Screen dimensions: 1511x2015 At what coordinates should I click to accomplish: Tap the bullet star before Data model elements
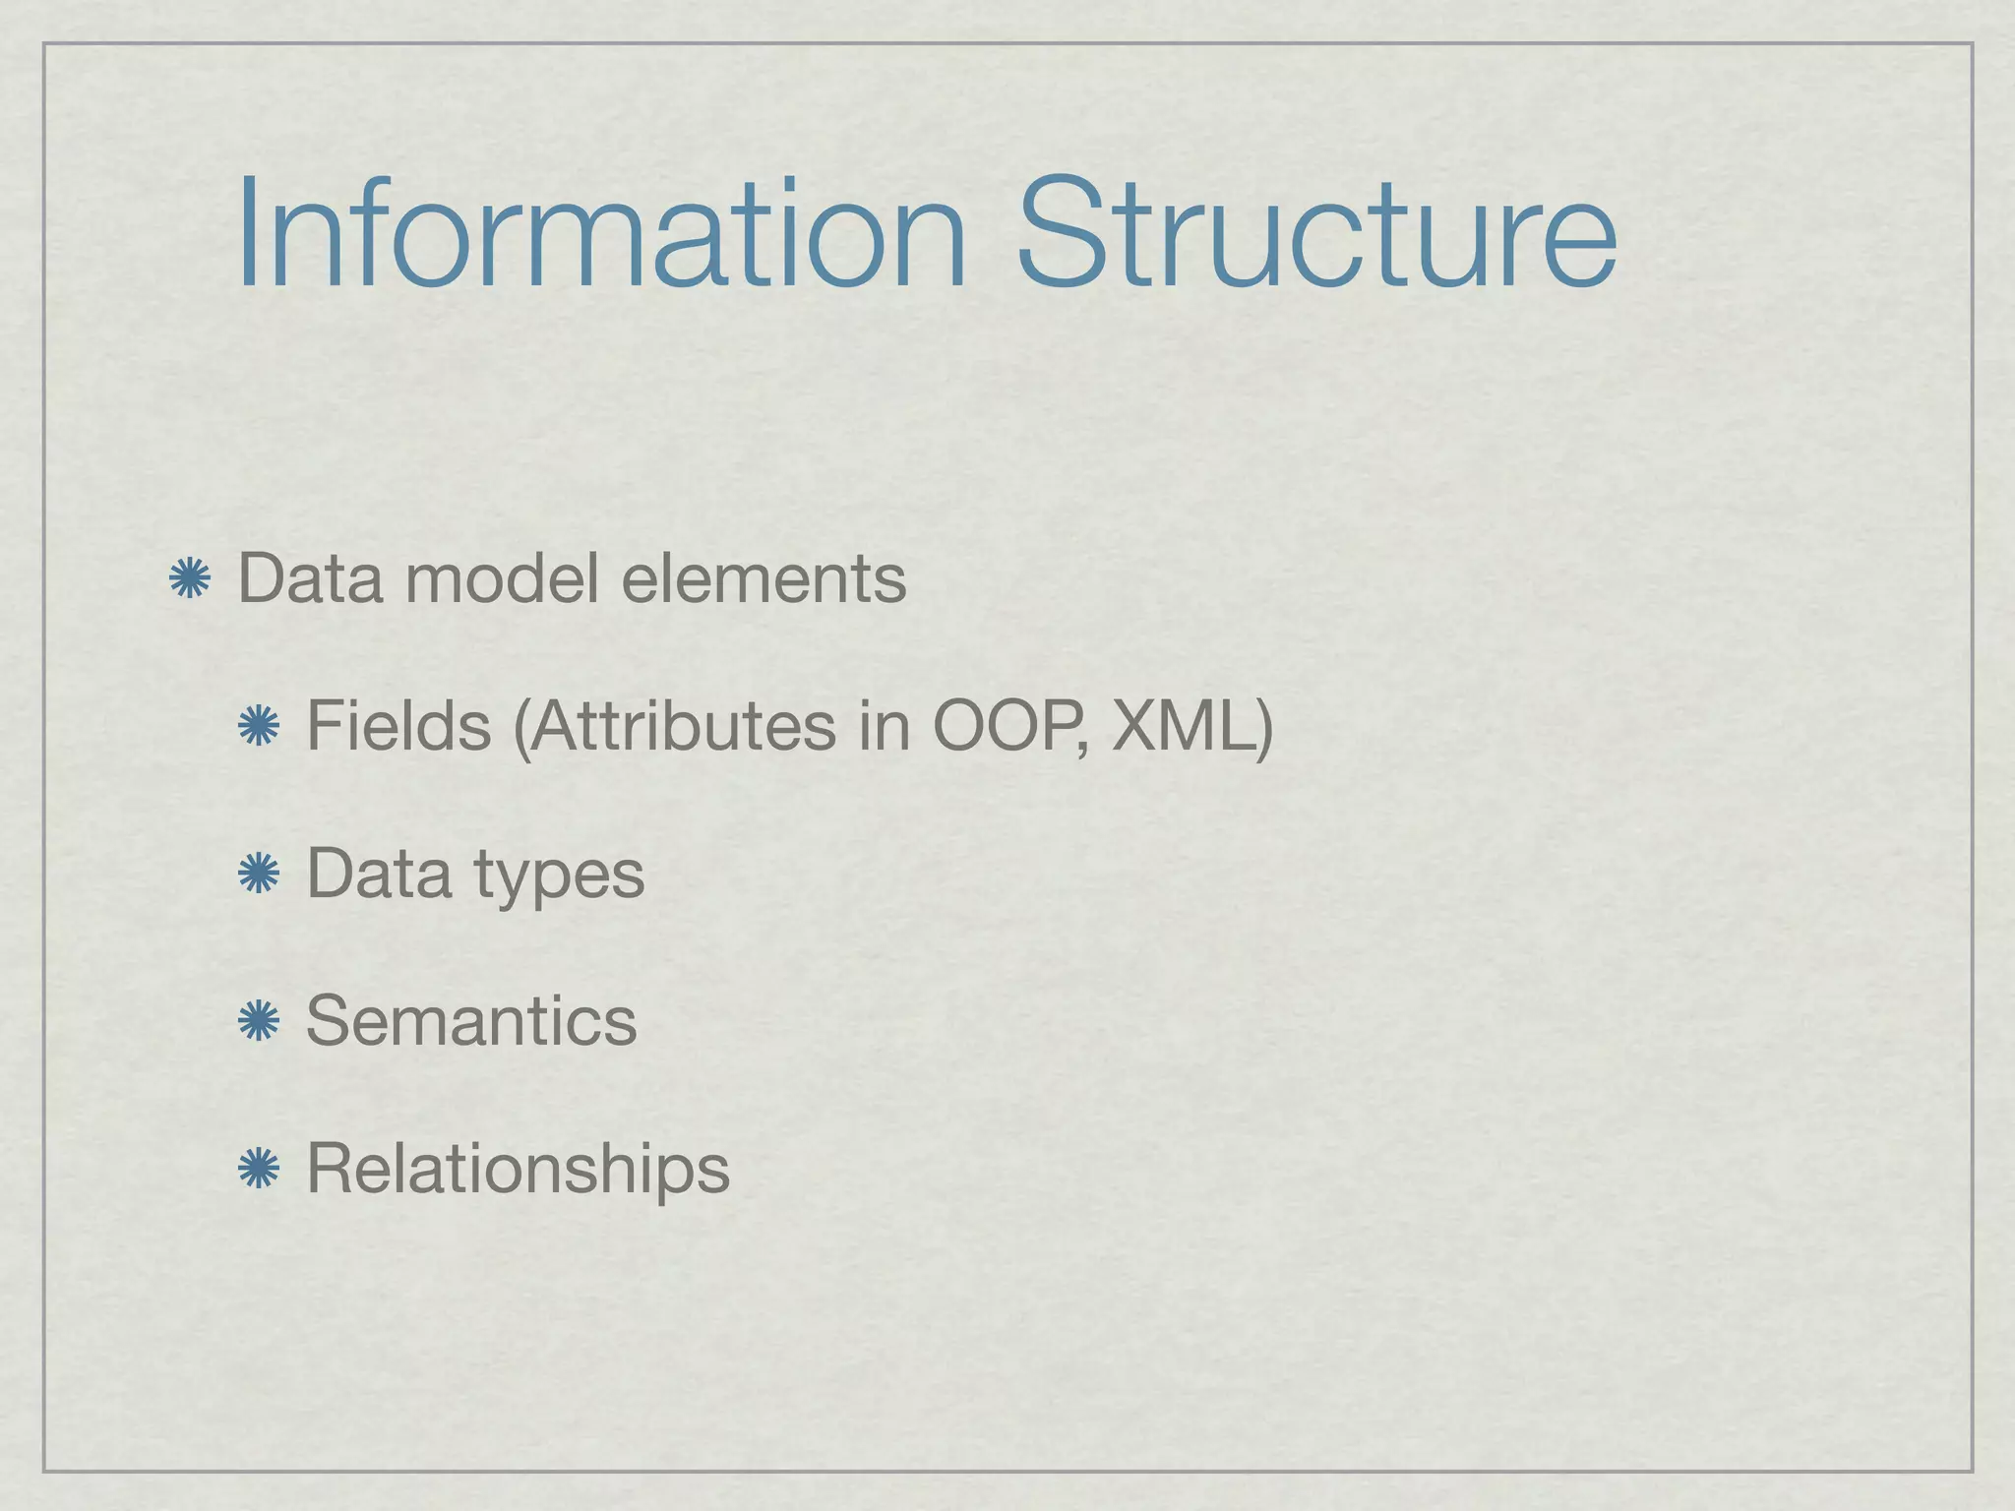coord(189,578)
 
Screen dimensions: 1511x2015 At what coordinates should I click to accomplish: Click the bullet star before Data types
coord(259,874)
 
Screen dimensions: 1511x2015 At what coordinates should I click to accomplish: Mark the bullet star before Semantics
coord(259,1021)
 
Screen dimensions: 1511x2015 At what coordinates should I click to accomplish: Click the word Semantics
coord(471,1021)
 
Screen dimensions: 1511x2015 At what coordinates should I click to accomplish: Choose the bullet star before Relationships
coord(259,1169)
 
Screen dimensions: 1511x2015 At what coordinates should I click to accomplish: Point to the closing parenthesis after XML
coord(1263,728)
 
